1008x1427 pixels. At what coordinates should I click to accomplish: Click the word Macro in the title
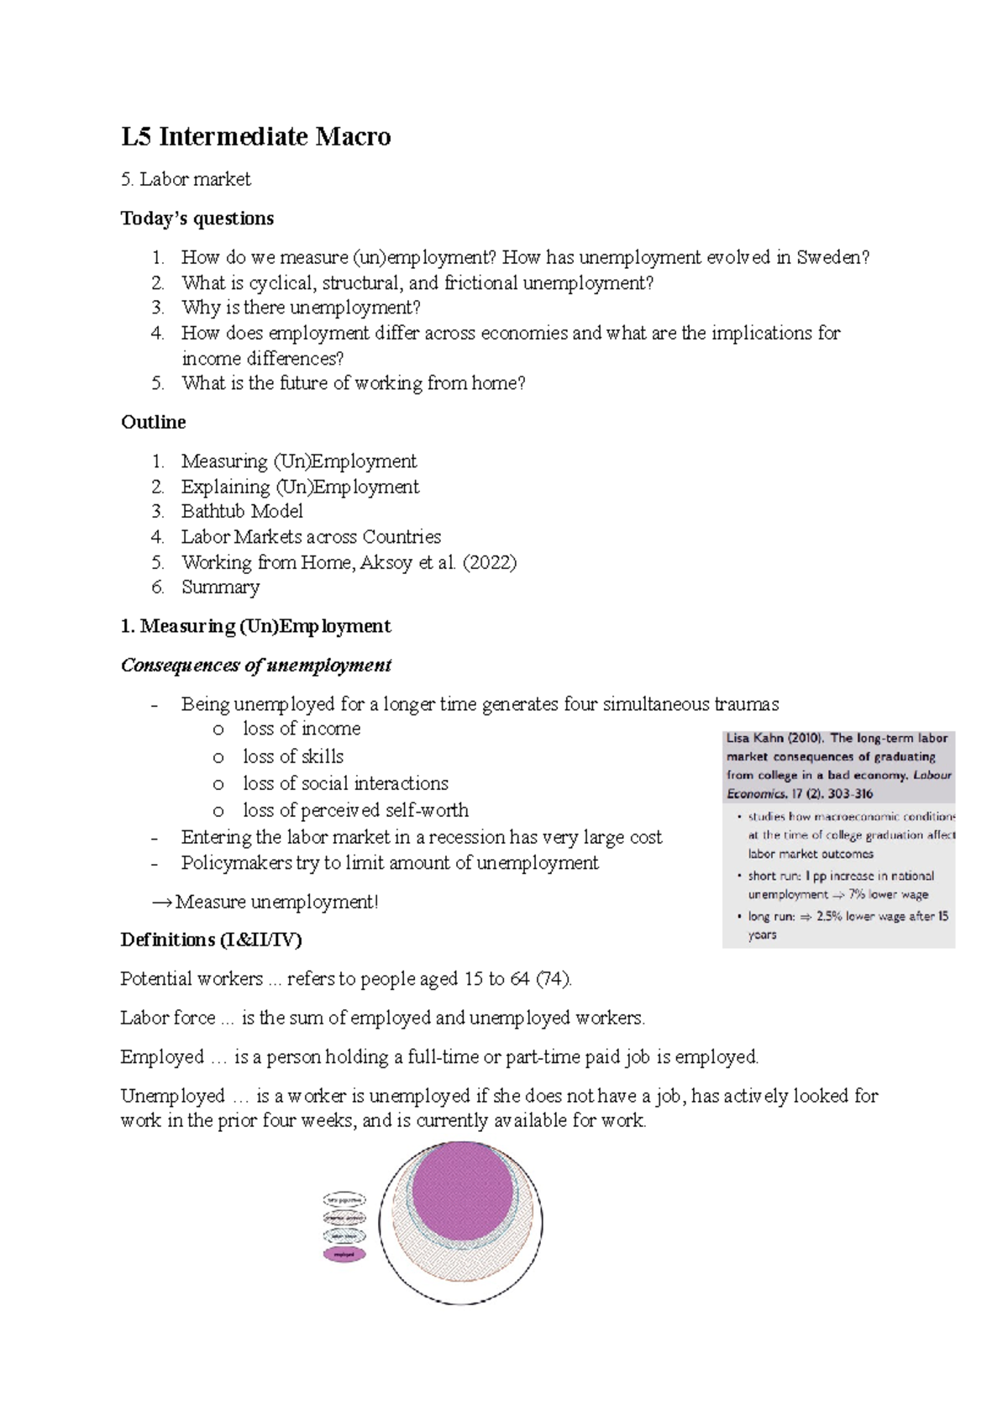pyautogui.click(x=352, y=136)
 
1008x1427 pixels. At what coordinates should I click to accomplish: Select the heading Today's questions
pyautogui.click(x=197, y=219)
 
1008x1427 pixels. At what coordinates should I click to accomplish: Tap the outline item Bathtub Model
pyautogui.click(x=242, y=511)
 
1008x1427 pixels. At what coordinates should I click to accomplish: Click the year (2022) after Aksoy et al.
pyautogui.click(x=490, y=562)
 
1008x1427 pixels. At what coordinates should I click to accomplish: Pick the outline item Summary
pyautogui.click(x=220, y=587)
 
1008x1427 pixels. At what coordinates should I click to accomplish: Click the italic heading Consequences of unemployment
pyautogui.click(x=256, y=665)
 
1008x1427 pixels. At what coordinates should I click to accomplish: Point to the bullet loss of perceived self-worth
pyautogui.click(x=355, y=810)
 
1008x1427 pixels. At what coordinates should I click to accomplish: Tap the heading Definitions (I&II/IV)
pyautogui.click(x=211, y=940)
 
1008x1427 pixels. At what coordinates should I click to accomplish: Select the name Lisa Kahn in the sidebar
pyautogui.click(x=754, y=738)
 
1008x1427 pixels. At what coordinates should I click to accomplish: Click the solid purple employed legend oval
pyautogui.click(x=344, y=1255)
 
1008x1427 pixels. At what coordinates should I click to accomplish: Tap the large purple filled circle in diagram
pyautogui.click(x=463, y=1193)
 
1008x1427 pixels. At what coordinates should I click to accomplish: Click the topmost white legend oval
pyautogui.click(x=344, y=1199)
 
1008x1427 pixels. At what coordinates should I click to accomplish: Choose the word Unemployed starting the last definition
pyautogui.click(x=172, y=1096)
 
